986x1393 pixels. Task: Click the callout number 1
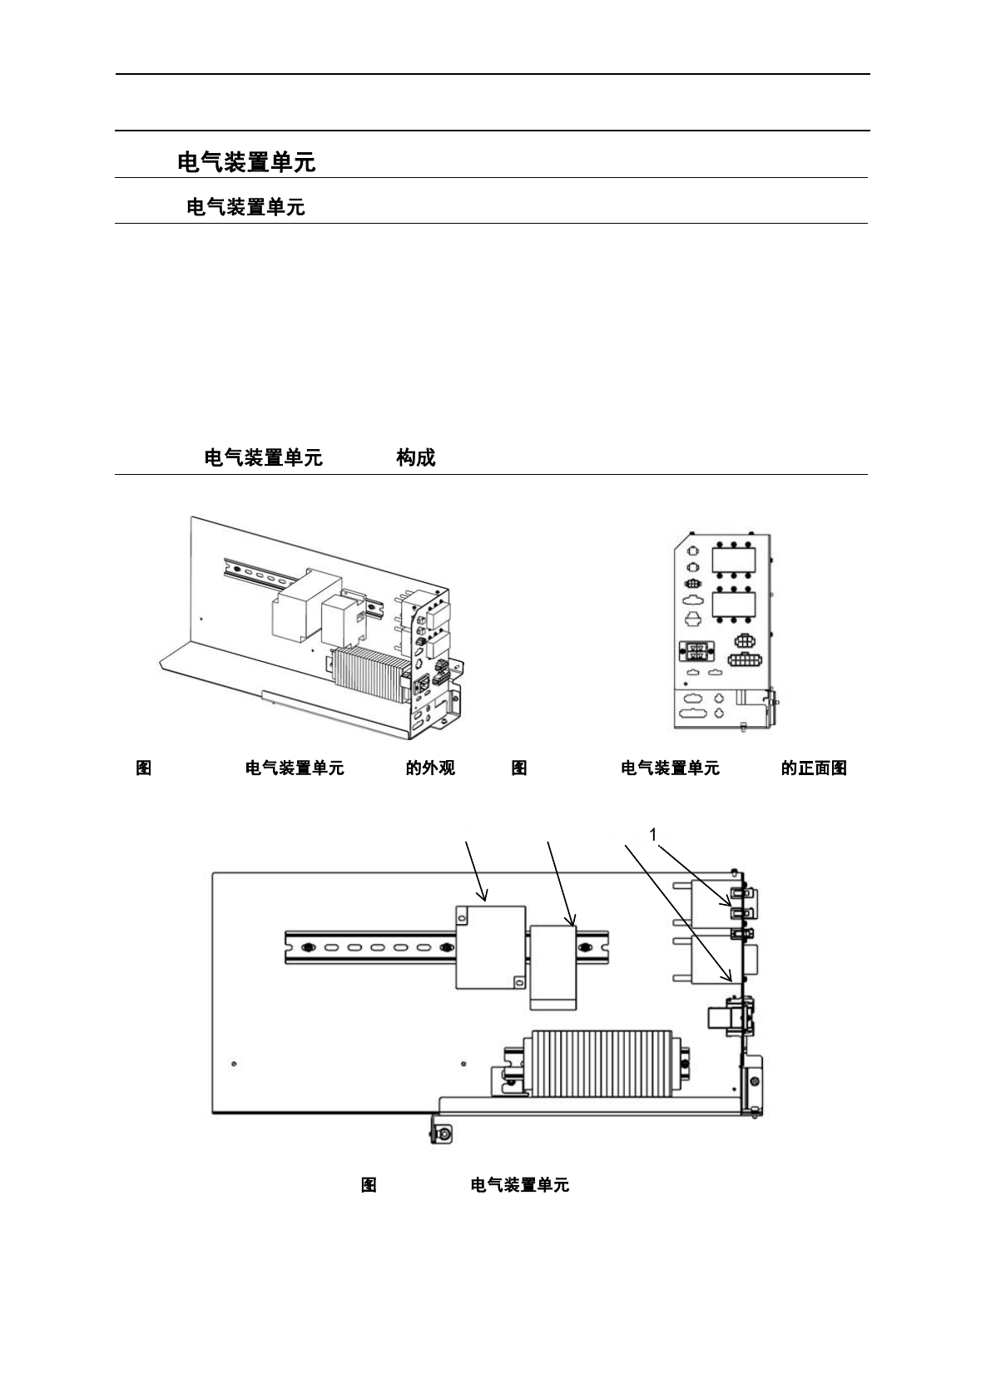coord(653,833)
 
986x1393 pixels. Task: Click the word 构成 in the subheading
coord(416,457)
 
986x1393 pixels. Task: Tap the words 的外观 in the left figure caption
coord(430,768)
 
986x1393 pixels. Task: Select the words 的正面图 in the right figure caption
coord(814,768)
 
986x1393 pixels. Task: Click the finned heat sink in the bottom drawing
coord(601,1063)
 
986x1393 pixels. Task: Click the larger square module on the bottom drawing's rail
coord(491,946)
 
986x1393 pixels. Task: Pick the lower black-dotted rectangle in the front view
coord(733,605)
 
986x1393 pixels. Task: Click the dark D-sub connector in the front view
coord(697,651)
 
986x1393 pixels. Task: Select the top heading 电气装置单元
coord(246,162)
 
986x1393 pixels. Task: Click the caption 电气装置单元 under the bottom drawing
coord(519,1185)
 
